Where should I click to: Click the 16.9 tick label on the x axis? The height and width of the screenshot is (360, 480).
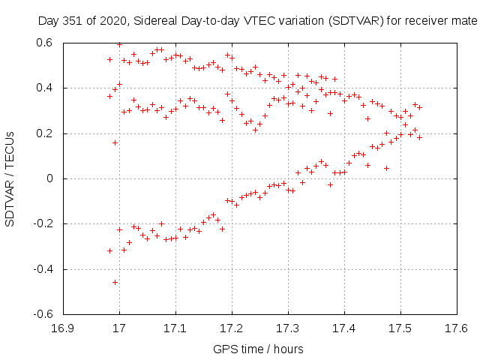[x=63, y=329]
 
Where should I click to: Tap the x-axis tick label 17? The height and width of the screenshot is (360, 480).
[x=119, y=329]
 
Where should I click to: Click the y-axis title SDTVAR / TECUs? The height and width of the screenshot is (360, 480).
[x=10, y=178]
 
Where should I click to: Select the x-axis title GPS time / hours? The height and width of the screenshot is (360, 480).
[x=259, y=349]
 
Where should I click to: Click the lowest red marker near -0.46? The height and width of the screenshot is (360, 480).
[x=115, y=282]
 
